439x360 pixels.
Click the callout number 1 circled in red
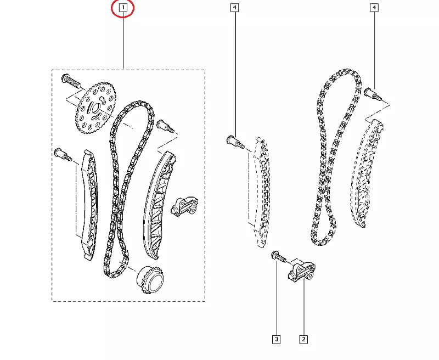[123, 8]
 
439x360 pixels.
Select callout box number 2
[303, 340]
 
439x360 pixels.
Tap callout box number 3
[277, 340]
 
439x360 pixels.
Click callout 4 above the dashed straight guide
[235, 8]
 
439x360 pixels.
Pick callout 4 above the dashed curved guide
[374, 8]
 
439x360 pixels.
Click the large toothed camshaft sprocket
[95, 108]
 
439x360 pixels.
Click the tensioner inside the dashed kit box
[184, 206]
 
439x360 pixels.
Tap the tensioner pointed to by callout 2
[301, 272]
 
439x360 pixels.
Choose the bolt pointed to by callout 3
[279, 256]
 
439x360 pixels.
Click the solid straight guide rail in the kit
[89, 205]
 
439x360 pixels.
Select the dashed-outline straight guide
[262, 193]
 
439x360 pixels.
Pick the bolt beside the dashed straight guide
[235, 142]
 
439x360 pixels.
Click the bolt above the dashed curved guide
[373, 94]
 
